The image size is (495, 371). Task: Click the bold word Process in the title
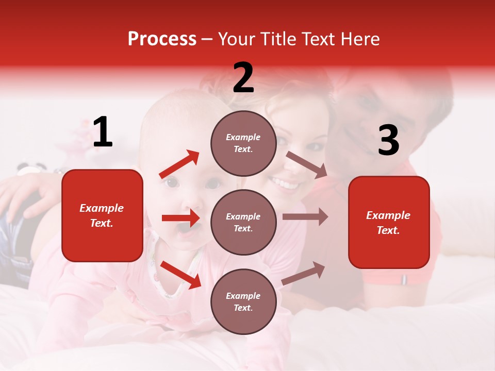click(162, 39)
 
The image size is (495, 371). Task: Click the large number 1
click(103, 132)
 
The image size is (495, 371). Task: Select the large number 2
click(243, 78)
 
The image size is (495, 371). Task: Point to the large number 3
click(388, 141)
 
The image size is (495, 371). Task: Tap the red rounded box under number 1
click(102, 215)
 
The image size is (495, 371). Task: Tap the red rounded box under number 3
click(389, 222)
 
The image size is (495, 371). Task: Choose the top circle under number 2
click(243, 143)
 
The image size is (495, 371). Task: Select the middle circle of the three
click(243, 222)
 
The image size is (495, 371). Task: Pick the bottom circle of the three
click(243, 301)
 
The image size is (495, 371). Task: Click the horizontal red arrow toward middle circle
click(180, 218)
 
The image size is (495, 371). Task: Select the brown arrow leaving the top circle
click(307, 165)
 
